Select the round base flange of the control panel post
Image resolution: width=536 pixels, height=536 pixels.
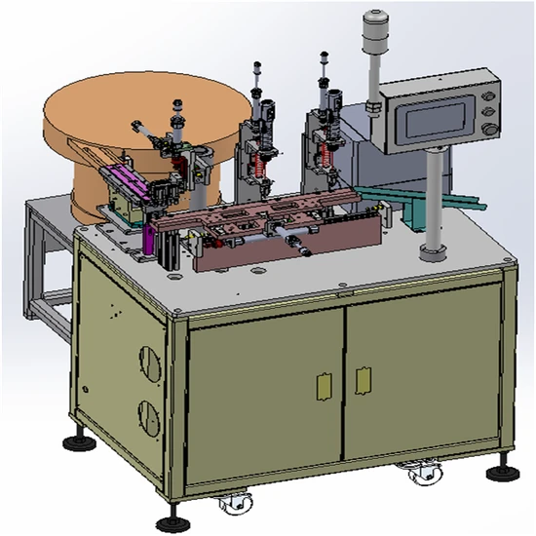click(x=430, y=255)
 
